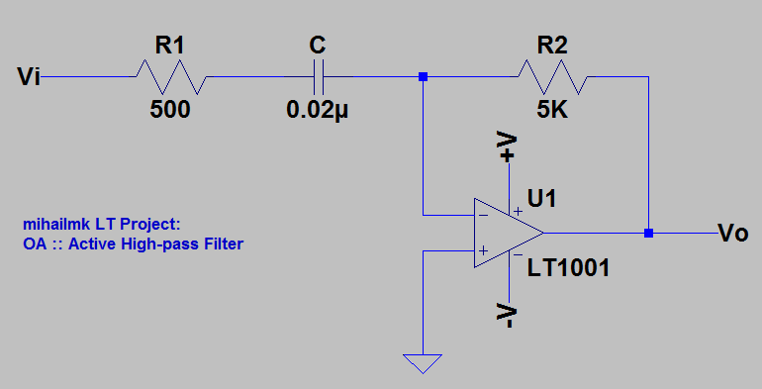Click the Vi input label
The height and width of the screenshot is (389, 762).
coord(29,76)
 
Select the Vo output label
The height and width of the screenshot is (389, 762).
coord(732,234)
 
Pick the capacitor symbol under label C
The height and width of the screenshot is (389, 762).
coord(318,76)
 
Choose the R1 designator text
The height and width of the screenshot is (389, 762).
coord(169,45)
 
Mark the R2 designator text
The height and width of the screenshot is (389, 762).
coord(551,45)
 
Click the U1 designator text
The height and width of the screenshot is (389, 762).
coord(542,199)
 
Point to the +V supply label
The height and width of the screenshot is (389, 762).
coord(508,146)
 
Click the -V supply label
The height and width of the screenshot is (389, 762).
coord(508,316)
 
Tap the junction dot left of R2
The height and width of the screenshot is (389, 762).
coord(423,76)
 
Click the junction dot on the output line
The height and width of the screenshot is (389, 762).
coord(648,234)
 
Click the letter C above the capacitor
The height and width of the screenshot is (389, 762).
coord(317,46)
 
